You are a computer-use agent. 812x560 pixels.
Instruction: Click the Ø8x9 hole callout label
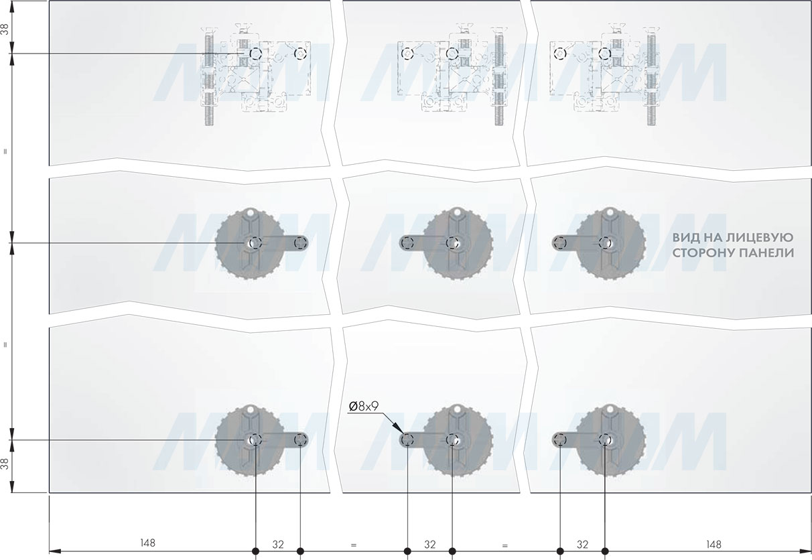363,407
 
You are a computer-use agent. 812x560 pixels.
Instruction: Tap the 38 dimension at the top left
5,29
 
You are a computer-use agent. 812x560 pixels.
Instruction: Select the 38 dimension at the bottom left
5,464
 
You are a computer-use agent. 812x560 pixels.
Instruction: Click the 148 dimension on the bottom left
147,543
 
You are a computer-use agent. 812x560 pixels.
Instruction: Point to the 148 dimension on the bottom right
714,544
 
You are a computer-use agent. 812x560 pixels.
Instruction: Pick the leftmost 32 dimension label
278,544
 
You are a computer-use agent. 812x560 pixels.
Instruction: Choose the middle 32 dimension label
430,544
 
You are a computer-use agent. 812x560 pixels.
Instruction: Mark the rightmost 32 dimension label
582,544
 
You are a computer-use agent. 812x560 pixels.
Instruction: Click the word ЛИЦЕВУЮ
758,238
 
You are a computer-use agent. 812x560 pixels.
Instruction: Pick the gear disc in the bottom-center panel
458,440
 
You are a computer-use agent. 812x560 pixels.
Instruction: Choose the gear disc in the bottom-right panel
610,440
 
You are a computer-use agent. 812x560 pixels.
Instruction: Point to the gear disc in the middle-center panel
458,243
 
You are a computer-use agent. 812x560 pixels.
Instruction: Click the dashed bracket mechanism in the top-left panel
256,74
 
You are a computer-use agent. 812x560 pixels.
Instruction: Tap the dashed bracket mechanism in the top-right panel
604,74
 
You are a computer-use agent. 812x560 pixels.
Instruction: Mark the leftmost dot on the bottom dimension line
255,551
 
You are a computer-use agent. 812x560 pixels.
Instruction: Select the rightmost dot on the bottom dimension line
605,551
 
